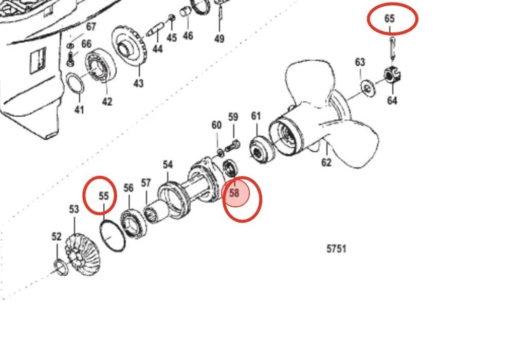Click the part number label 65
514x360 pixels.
click(x=389, y=19)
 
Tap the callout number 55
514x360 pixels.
click(x=103, y=196)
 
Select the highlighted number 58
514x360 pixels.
click(x=234, y=193)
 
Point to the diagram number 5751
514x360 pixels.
click(x=336, y=249)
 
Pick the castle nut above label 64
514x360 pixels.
click(x=392, y=76)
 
